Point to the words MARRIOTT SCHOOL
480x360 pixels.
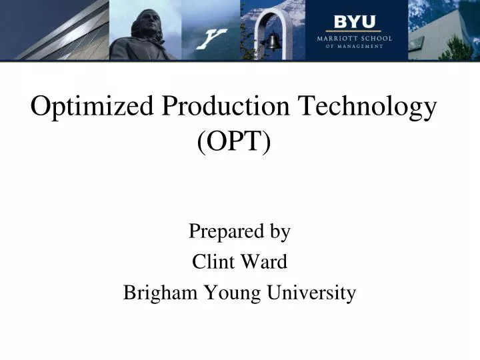354,39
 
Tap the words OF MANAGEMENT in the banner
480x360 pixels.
354,47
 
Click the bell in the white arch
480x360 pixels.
274,41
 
